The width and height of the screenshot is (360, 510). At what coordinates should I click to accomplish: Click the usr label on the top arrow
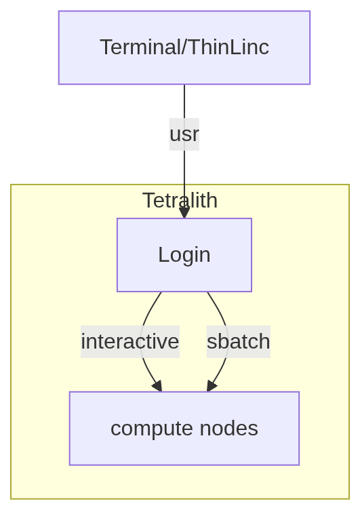point(184,134)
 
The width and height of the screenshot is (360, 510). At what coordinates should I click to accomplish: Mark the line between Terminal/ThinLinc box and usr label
point(184,101)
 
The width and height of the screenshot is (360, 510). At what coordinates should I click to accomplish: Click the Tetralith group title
point(180,200)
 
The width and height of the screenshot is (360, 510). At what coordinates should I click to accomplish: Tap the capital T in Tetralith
point(147,200)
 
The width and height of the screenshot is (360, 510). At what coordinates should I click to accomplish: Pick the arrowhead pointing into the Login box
point(184,213)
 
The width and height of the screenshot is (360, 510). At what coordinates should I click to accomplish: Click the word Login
point(184,255)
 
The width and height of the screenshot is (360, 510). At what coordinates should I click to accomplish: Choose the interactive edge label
point(130,342)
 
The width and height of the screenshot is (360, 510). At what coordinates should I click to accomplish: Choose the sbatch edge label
point(238,342)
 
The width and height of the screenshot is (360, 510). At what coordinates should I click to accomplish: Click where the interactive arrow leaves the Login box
point(161,293)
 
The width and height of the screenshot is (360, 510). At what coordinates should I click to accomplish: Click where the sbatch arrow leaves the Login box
point(207,293)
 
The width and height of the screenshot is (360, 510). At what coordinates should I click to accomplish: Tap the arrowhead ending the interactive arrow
point(158,387)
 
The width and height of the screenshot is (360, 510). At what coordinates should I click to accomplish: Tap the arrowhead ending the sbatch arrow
point(211,387)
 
